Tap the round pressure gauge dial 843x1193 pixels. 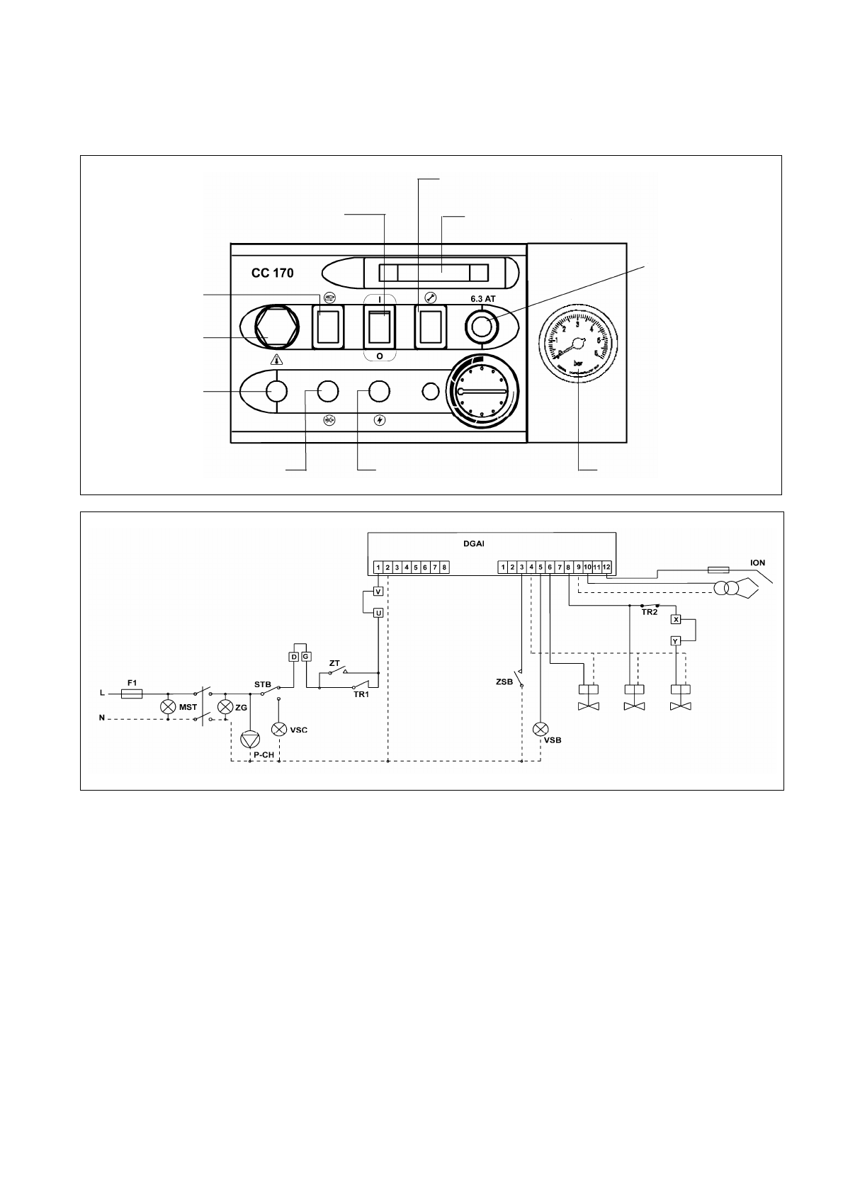click(x=577, y=345)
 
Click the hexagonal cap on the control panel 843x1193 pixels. click(x=273, y=327)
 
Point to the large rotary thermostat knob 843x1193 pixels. click(x=481, y=392)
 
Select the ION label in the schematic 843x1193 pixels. click(x=757, y=563)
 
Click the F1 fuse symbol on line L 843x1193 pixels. click(x=132, y=695)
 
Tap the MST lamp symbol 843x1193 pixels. click(x=168, y=707)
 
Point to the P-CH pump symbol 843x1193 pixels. click(x=249, y=740)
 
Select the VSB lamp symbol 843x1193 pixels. click(x=541, y=728)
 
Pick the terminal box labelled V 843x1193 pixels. click(x=378, y=592)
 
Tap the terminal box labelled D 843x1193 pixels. click(x=294, y=657)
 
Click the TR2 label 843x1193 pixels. click(x=649, y=612)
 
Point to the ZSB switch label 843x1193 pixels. click(x=504, y=683)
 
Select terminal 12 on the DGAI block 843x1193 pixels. click(x=606, y=567)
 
